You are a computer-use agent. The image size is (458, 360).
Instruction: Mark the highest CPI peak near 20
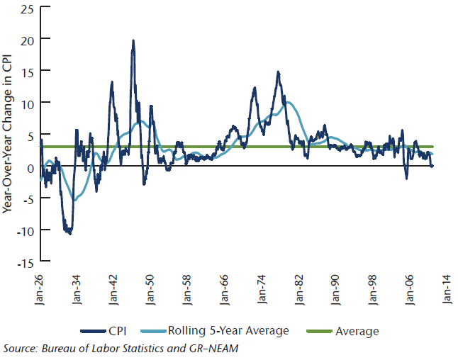[133, 40]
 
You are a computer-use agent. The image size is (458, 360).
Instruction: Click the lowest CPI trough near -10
[69, 232]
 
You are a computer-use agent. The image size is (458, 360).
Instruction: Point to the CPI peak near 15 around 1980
[278, 72]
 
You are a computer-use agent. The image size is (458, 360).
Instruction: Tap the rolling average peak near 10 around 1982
[287, 103]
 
